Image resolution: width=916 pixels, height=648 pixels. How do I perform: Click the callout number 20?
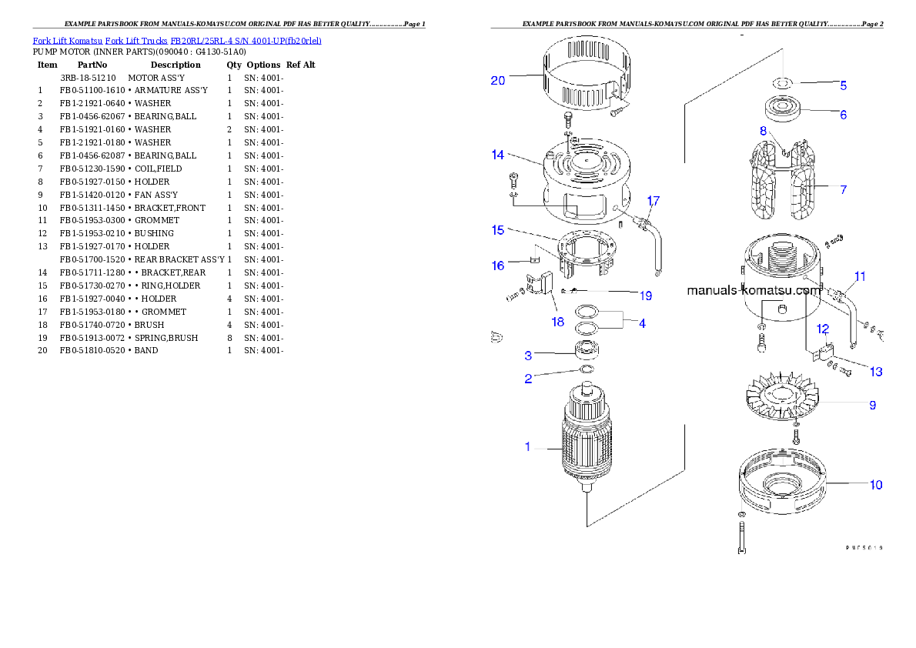point(498,80)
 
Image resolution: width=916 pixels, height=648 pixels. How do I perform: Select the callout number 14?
point(498,155)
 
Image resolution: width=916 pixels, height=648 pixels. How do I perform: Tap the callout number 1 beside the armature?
point(527,446)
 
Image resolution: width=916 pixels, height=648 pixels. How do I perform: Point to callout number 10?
point(876,485)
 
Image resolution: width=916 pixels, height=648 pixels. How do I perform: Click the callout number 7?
point(844,189)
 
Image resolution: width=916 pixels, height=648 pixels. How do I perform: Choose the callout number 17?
point(653,201)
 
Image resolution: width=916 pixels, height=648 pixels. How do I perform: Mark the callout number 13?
point(876,372)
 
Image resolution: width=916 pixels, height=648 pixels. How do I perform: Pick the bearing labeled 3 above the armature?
point(589,352)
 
